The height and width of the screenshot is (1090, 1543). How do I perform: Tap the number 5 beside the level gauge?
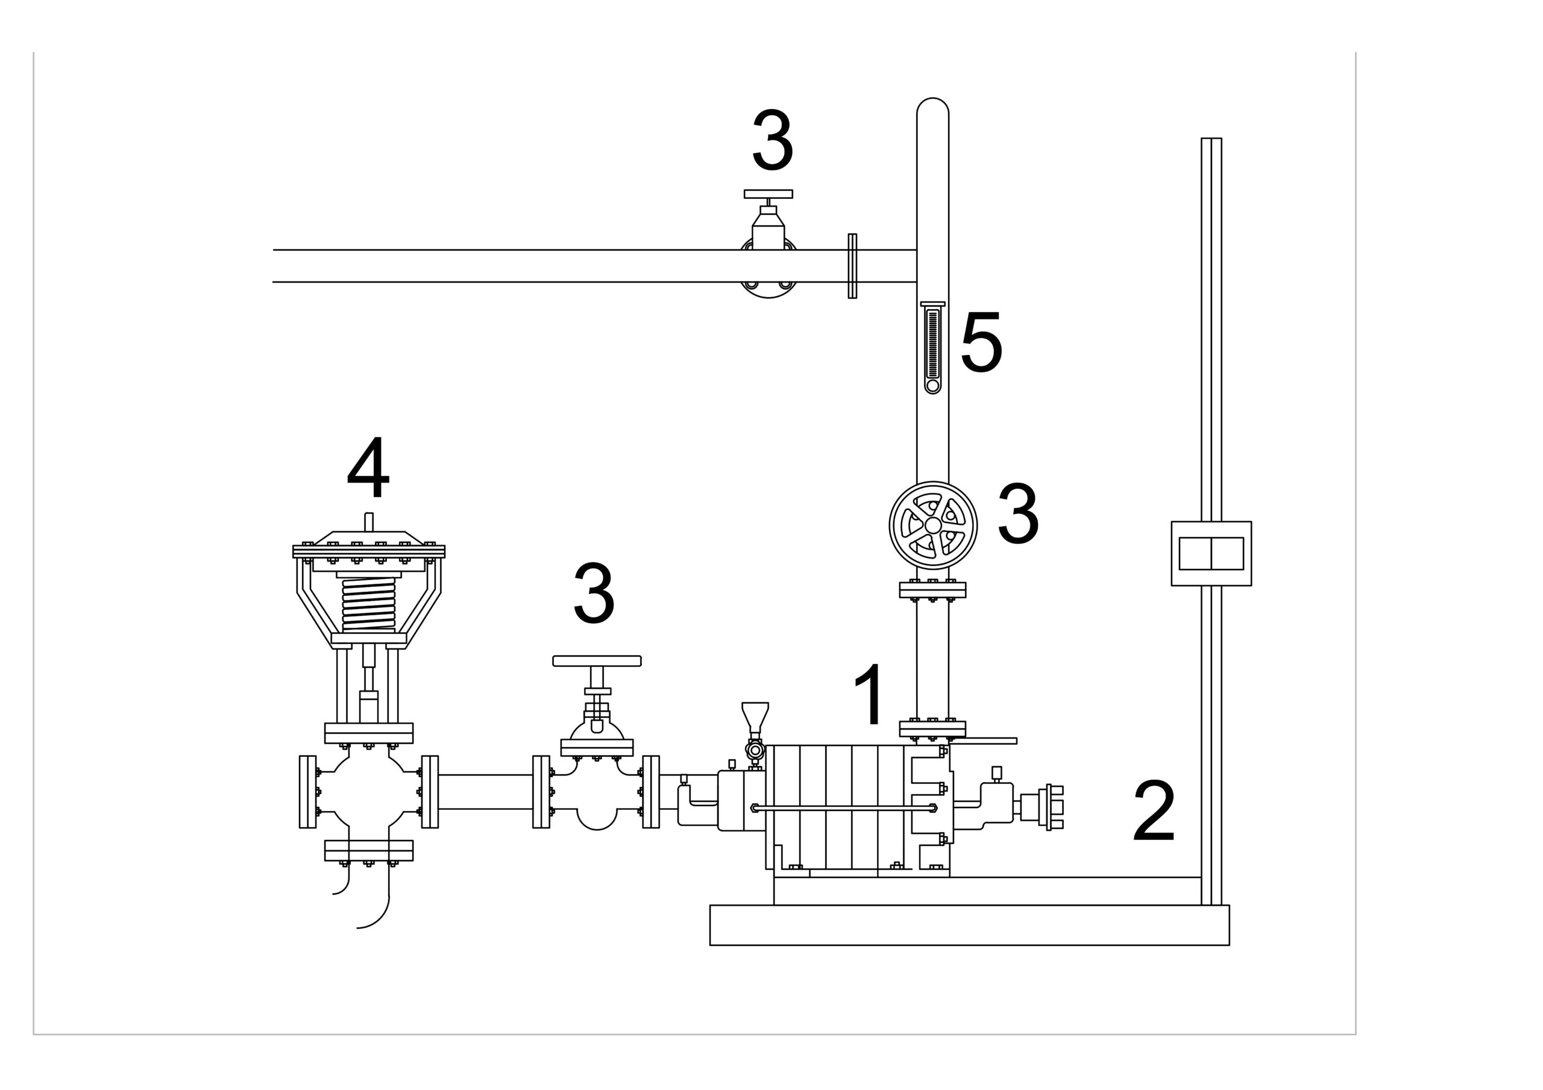(981, 342)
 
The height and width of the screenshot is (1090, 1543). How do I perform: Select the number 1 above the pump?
(870, 694)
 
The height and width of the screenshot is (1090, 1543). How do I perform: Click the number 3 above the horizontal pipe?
(772, 140)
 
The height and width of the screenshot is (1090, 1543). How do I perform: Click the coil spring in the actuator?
(369, 604)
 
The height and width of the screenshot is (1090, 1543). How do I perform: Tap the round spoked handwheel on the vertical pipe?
(933, 525)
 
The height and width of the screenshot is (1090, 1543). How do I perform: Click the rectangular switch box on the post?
(1211, 553)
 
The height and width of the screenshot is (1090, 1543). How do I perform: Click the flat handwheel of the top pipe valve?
(768, 193)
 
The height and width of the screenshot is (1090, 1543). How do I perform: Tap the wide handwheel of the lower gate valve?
(597, 661)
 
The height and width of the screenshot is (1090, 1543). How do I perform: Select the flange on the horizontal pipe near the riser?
(852, 266)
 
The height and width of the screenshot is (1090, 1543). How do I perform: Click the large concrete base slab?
(969, 926)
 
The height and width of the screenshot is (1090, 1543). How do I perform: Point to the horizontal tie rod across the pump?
(843, 807)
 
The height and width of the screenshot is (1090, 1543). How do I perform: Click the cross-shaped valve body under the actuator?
(368, 792)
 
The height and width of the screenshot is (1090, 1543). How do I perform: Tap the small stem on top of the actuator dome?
(369, 521)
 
